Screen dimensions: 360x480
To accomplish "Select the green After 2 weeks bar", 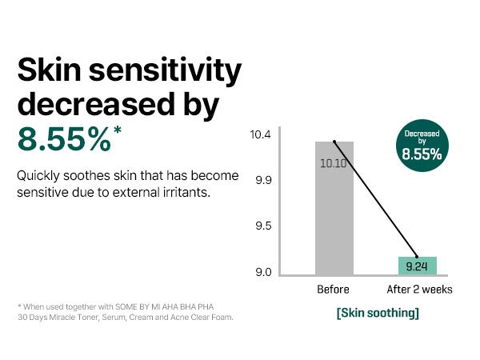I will (417, 266).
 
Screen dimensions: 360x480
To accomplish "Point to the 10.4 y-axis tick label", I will (261, 134).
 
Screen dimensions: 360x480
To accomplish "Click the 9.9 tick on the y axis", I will (264, 180).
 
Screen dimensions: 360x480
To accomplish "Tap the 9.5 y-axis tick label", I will (264, 226).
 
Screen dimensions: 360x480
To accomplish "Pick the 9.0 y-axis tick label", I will (264, 273).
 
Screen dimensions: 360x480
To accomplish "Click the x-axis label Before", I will (334, 290).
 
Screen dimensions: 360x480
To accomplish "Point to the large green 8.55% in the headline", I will (64, 138).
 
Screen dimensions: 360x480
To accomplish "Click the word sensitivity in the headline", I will (161, 72).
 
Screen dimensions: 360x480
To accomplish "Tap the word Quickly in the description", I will (38, 175).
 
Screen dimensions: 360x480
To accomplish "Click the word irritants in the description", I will (185, 193).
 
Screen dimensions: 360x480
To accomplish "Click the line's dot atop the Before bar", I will (334, 142).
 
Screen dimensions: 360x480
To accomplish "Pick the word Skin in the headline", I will (48, 72).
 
